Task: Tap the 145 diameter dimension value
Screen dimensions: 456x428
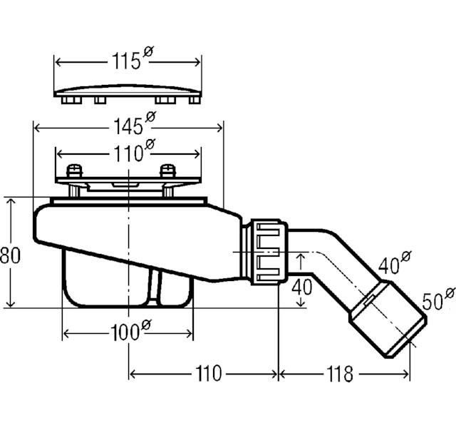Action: point(135,123)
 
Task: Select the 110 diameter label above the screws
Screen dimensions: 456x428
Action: point(134,151)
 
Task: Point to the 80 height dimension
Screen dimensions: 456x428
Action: point(10,255)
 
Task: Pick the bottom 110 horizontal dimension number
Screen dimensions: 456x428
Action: point(209,374)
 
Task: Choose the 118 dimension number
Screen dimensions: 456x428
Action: point(340,374)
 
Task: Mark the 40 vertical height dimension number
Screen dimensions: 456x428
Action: point(302,287)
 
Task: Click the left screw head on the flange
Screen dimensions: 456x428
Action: point(75,170)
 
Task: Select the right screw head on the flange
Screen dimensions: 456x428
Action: point(168,170)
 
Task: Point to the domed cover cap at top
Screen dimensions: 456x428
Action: point(128,91)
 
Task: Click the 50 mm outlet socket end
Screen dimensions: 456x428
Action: point(388,319)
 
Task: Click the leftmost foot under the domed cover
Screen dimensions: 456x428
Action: point(71,101)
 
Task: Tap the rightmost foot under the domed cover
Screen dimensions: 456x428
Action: point(195,101)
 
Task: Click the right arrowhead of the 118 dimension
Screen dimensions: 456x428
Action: point(405,374)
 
